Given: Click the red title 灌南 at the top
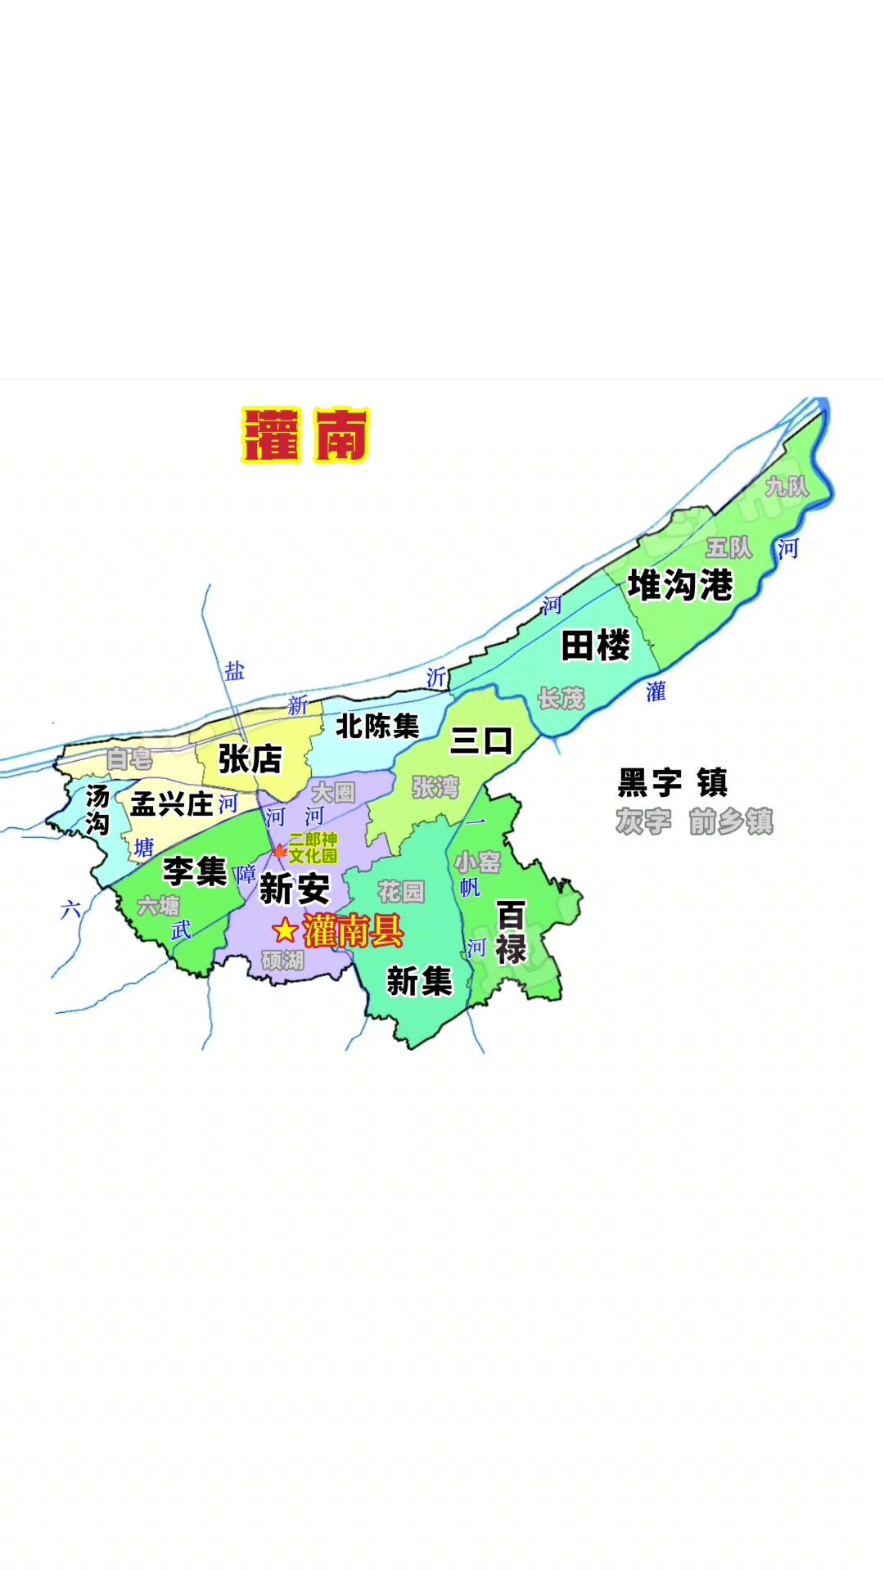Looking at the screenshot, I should coord(305,435).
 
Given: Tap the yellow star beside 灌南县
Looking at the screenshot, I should coord(285,930).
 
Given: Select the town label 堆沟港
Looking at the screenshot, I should coord(680,586).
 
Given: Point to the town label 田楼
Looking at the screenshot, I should coord(596,646).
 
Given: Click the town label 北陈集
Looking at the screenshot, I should coord(377,726).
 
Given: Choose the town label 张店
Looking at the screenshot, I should coord(250,759).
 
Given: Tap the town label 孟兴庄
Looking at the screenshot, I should coord(172,804).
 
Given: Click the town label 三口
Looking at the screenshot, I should coord(481,741).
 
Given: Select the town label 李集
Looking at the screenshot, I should coord(195,871).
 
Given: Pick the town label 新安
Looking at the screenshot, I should coord(295,889).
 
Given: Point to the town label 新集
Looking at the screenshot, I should coord(419,981).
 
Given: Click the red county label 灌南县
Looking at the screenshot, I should coord(354,931).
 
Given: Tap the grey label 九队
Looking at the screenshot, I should coord(787,487).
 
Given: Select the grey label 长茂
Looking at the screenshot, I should coord(561,699).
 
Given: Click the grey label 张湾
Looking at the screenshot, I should coord(435,787).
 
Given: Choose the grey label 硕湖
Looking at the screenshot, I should coord(283,960).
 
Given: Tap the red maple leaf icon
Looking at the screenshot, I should coord(278,852).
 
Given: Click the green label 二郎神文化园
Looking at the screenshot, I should coord(313,848).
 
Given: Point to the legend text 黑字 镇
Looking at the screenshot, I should coord(672,783).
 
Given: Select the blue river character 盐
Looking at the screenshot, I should coord(235,672).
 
